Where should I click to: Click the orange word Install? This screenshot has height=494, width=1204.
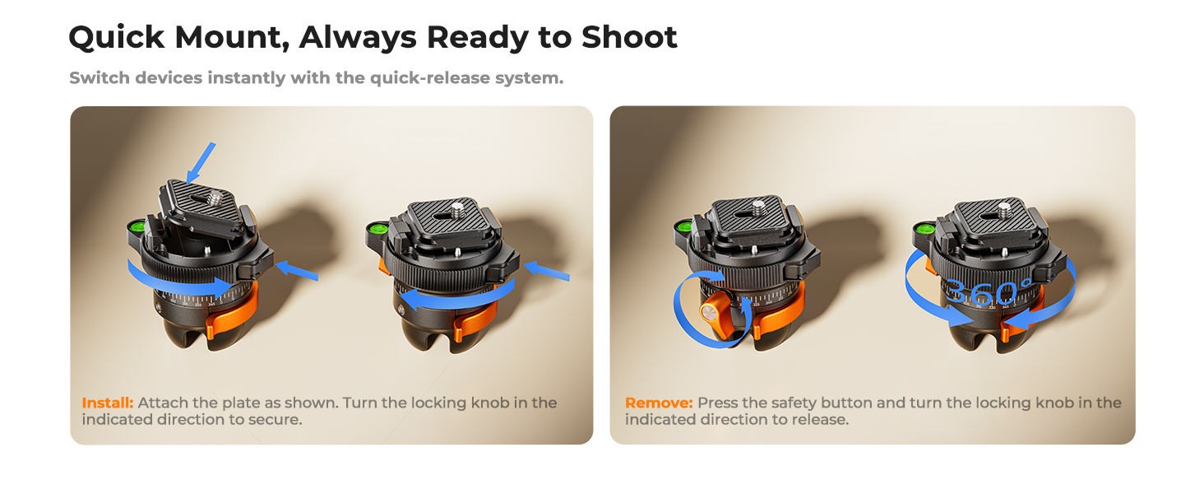[108, 403]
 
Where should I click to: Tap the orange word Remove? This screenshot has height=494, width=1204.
[659, 403]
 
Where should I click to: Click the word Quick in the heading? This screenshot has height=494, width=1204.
[117, 38]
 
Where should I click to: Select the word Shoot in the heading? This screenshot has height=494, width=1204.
[629, 37]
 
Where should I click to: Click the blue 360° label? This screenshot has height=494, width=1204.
[988, 292]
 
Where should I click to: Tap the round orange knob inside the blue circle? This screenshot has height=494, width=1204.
[709, 313]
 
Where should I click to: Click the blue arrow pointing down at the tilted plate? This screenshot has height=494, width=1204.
[201, 163]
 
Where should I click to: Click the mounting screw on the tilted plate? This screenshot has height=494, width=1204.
[215, 198]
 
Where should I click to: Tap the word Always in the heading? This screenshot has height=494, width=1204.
[358, 38]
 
